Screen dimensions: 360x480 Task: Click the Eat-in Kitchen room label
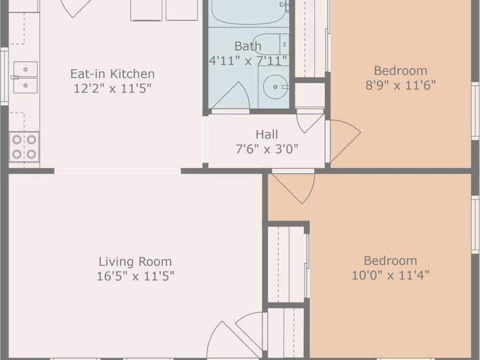point(112,74)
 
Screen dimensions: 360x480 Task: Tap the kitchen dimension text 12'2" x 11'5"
point(112,88)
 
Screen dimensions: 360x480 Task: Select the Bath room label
point(248,46)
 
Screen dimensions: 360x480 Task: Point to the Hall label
point(266,134)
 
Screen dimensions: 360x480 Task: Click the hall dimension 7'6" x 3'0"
point(266,149)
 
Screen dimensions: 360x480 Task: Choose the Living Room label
point(135,262)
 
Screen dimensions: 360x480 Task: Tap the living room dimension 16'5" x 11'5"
point(135,277)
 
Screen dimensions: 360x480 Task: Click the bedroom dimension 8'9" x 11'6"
point(400,85)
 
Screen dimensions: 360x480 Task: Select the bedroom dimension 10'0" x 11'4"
point(390,276)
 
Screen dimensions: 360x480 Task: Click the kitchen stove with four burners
point(24,147)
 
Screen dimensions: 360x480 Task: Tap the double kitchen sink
point(25,77)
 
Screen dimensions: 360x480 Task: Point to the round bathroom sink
point(274,87)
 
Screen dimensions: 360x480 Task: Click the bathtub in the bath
point(248,13)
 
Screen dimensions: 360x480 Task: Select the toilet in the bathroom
point(272,44)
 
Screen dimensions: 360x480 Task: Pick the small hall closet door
point(310,121)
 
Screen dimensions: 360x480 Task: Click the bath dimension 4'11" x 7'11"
point(248,61)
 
